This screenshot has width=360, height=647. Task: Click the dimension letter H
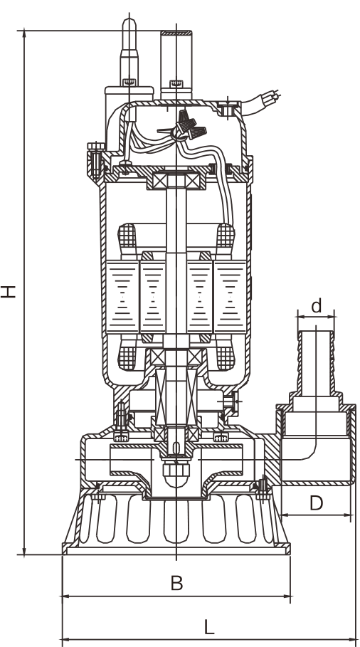(8, 291)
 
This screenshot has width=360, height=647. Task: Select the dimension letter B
(176, 584)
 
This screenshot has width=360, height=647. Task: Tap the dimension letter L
(209, 627)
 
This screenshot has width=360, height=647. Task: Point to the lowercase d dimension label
(316, 306)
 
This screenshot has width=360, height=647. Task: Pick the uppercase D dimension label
(316, 503)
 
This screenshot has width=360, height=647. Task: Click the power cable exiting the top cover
(260, 102)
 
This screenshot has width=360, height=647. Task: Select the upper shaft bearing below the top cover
(176, 181)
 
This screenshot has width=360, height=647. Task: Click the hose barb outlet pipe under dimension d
(316, 361)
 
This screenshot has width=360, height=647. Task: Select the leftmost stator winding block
(122, 297)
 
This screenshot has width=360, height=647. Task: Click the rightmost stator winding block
(230, 297)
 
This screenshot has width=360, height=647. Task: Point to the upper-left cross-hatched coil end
(127, 237)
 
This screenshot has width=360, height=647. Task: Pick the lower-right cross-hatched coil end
(226, 357)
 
